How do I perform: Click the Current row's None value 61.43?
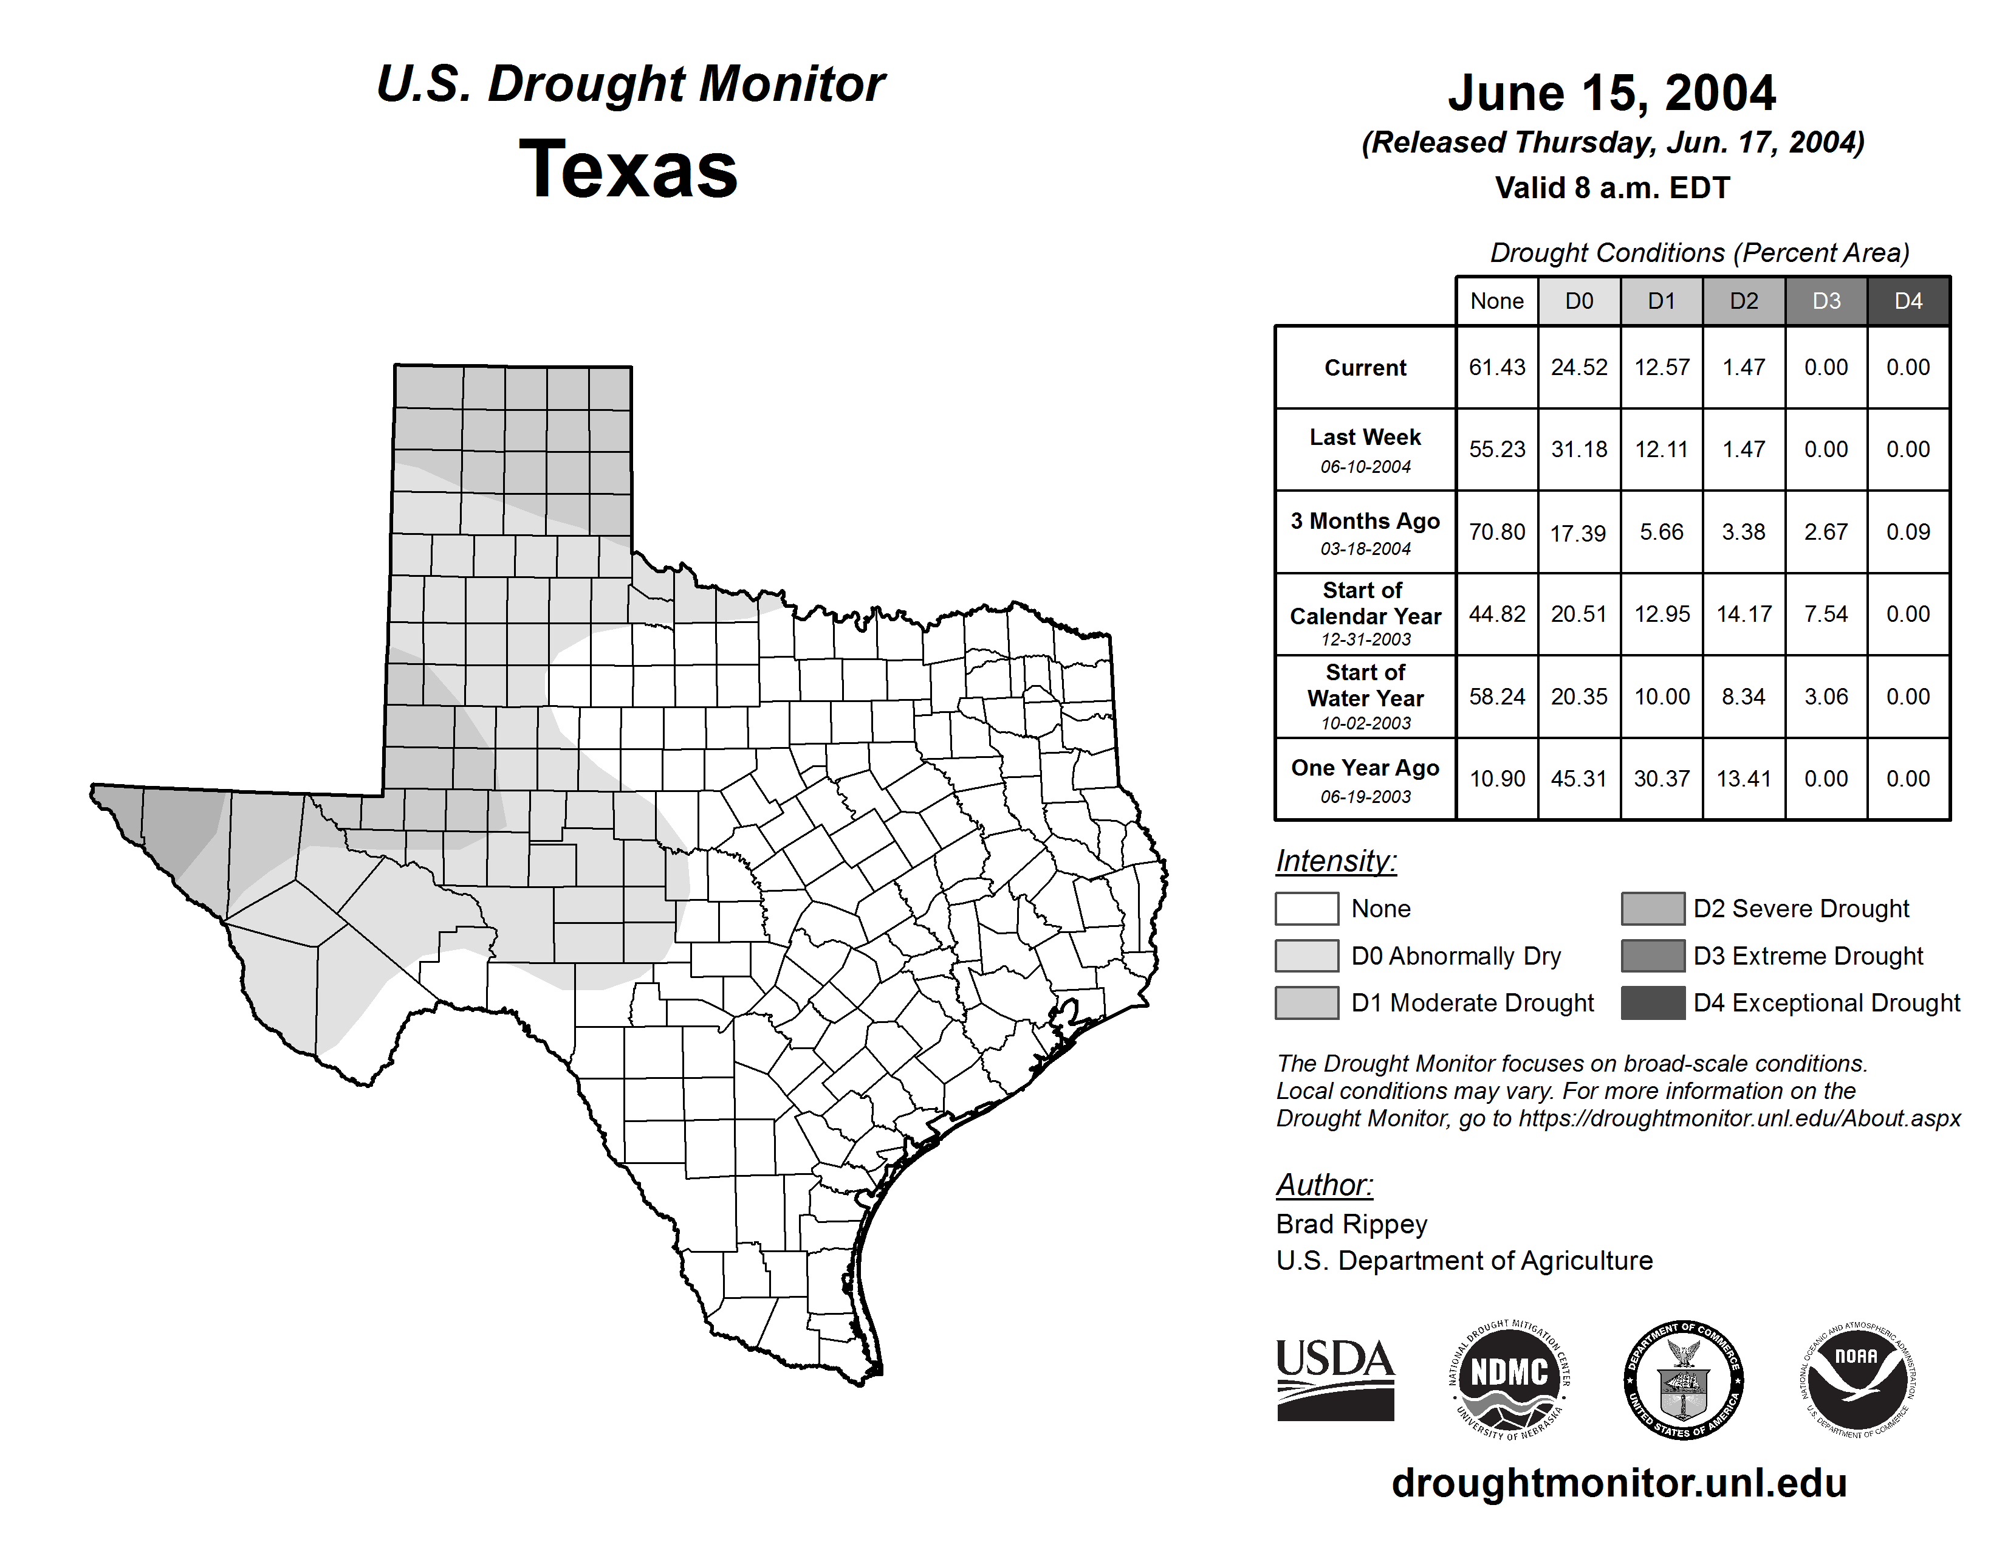pos(1496,367)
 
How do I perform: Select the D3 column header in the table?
pos(1826,301)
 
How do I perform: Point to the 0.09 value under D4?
pos(1908,532)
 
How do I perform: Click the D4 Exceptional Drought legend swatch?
pos(1653,1003)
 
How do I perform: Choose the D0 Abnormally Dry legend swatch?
pos(1306,955)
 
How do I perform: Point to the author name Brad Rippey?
pos(1351,1224)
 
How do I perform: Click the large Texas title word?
pos(628,169)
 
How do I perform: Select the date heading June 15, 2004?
pos(1611,94)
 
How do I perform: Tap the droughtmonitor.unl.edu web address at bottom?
pos(1619,1483)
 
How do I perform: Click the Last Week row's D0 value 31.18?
pos(1579,450)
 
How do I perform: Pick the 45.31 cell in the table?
pos(1579,779)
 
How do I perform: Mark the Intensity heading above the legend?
pos(1335,861)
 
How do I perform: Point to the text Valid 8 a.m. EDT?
pos(1611,188)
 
